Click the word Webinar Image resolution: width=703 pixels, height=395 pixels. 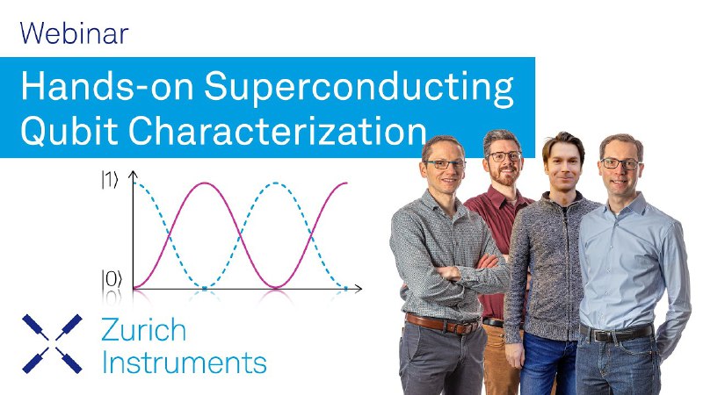pyautogui.click(x=75, y=33)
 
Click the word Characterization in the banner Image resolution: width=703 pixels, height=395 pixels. pyautogui.click(x=278, y=130)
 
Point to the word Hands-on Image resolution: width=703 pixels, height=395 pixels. pyautogui.click(x=107, y=85)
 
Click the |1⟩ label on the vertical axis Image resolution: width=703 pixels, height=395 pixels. pyautogui.click(x=110, y=180)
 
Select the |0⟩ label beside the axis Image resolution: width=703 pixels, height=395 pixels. pyautogui.click(x=112, y=279)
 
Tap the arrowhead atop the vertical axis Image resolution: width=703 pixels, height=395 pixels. pyautogui.click(x=134, y=175)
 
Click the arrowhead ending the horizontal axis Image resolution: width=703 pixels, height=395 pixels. pyautogui.click(x=358, y=289)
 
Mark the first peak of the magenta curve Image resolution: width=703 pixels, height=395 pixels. pyautogui.click(x=205, y=183)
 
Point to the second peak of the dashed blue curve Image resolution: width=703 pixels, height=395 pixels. pyautogui.click(x=276, y=183)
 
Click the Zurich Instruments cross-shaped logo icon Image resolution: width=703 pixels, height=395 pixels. pyautogui.click(x=52, y=344)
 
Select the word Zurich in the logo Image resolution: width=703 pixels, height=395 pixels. pyautogui.click(x=143, y=330)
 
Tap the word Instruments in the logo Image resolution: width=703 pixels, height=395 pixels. pyautogui.click(x=185, y=362)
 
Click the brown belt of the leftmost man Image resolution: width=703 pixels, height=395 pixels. pyautogui.click(x=442, y=325)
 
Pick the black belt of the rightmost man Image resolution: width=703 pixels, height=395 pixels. pyautogui.click(x=617, y=333)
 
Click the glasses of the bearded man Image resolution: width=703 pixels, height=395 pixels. pyautogui.click(x=504, y=156)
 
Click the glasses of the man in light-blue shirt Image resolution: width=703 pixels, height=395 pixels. pyautogui.click(x=620, y=163)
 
